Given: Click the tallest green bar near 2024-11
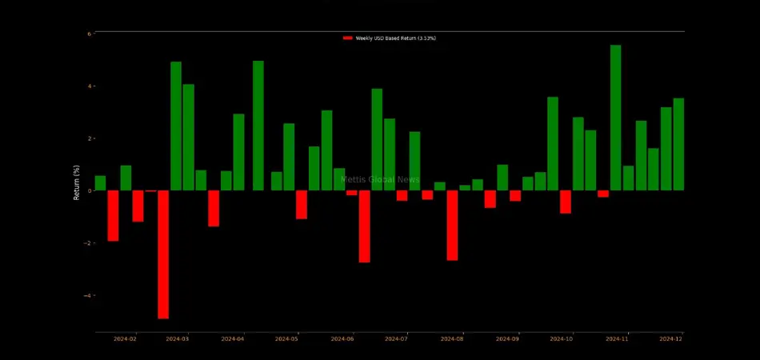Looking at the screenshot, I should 615,118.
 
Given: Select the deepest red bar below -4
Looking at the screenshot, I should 163,254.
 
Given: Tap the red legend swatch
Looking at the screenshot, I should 347,38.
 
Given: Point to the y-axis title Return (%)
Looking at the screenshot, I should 78,183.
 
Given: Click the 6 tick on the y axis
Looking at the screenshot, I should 90,34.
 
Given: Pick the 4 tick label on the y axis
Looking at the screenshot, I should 90,86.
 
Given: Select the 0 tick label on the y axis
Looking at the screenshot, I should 90,190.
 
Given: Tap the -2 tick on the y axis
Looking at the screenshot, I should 88,243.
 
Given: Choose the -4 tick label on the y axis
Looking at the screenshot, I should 88,295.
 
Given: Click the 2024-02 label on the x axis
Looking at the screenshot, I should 125,339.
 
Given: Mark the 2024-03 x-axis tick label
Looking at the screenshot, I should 177,339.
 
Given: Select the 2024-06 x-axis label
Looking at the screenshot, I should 342,339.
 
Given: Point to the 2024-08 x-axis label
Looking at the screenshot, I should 452,339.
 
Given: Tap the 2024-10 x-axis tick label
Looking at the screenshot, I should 562,339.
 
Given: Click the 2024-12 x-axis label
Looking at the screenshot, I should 670,339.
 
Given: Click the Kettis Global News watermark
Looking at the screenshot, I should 380,180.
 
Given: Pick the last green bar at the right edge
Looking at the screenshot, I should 678,144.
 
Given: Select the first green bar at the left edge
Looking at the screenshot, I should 100,183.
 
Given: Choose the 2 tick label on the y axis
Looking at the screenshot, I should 90,138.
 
